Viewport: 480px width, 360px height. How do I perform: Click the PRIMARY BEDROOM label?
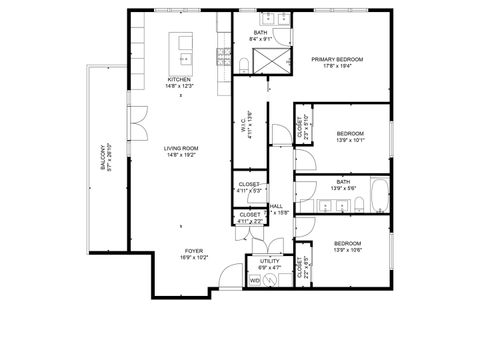(x=336, y=59)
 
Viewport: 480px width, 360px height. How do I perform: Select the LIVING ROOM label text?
(x=181, y=149)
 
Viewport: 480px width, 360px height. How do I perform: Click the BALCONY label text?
(x=102, y=158)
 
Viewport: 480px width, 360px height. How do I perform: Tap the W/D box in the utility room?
(x=255, y=281)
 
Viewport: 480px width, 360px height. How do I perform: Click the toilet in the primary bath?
(x=244, y=66)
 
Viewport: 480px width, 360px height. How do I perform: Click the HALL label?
(x=275, y=207)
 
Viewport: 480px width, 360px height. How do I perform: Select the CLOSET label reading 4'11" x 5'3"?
(x=250, y=185)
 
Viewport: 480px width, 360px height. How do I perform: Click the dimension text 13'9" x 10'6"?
(x=347, y=249)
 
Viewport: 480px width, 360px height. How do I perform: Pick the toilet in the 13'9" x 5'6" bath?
(x=356, y=204)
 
